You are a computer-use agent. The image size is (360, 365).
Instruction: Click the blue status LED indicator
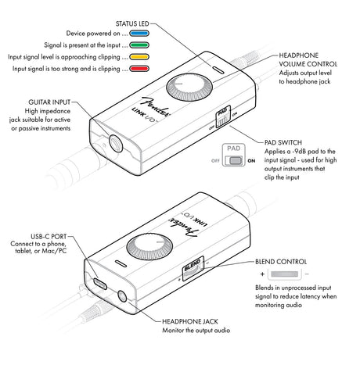click(x=139, y=34)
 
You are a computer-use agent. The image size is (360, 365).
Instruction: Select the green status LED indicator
click(x=139, y=45)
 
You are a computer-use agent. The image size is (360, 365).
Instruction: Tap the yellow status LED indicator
click(x=139, y=57)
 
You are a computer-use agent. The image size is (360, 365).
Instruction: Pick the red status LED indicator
click(x=139, y=69)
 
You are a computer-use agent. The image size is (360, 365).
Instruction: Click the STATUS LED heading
click(x=132, y=23)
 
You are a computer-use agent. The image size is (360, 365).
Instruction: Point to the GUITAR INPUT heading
click(x=49, y=102)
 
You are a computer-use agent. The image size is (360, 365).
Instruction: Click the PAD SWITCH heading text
click(x=283, y=142)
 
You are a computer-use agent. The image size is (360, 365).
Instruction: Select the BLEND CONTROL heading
click(x=281, y=262)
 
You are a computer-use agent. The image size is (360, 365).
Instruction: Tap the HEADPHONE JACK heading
click(x=190, y=321)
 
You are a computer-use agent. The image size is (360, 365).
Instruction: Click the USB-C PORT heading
click(x=49, y=237)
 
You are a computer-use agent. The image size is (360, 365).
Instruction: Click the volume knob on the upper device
click(x=189, y=87)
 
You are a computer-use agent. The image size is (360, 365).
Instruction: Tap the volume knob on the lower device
click(x=149, y=247)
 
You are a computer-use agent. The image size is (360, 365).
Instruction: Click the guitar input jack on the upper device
click(x=116, y=143)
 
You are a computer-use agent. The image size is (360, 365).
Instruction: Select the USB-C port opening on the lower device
click(x=100, y=284)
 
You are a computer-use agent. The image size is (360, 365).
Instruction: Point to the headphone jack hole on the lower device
click(x=122, y=297)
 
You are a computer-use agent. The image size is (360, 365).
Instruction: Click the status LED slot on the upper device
click(x=218, y=70)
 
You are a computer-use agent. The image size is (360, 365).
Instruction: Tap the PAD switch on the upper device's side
click(x=223, y=116)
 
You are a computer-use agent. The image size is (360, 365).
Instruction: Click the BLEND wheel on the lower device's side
click(x=193, y=269)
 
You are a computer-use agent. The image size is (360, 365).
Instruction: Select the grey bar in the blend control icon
click(x=284, y=274)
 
